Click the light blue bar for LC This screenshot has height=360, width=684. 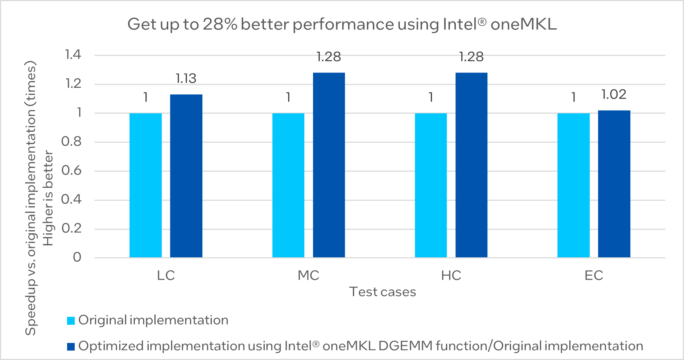tap(145, 185)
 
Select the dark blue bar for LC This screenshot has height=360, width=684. tap(186, 176)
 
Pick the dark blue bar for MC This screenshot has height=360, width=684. tap(329, 165)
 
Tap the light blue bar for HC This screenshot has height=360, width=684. tap(431, 185)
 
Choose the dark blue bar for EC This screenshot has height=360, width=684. tap(614, 184)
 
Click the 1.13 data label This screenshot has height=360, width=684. tap(186, 78)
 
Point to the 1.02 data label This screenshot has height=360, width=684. tap(614, 94)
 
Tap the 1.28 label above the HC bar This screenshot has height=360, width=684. tap(471, 57)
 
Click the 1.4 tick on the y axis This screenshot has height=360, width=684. tap(73, 55)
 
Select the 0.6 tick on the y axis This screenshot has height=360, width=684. tap(71, 170)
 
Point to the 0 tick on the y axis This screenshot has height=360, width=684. tap(77, 257)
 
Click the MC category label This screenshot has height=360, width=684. tap(308, 275)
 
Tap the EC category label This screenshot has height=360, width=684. tap(594, 275)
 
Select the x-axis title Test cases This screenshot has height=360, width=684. tap(383, 292)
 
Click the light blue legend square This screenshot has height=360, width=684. tap(71, 321)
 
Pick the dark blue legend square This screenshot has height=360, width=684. tap(71, 347)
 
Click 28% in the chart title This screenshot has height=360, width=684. tap(220, 24)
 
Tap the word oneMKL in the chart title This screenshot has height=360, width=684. tap(523, 24)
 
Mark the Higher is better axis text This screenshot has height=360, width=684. tap(48, 198)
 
